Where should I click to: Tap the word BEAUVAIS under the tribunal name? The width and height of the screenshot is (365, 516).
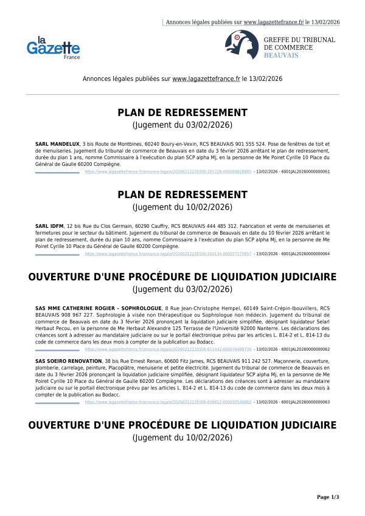280,55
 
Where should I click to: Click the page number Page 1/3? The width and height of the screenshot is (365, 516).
328,497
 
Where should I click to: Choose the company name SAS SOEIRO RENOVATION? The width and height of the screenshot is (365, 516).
68,377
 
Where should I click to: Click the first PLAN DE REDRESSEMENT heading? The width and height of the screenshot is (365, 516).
182,114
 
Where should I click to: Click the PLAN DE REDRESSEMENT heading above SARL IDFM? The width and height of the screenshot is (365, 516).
182,194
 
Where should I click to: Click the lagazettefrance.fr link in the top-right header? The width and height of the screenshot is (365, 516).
273,22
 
